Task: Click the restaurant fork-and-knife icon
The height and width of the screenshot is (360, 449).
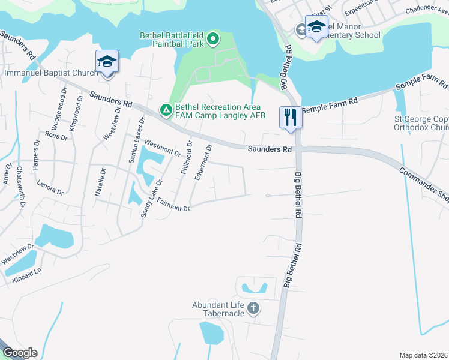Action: (291, 116)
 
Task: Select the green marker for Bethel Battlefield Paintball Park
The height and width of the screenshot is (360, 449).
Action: (212, 40)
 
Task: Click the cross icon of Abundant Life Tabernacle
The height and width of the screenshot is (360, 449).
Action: (253, 309)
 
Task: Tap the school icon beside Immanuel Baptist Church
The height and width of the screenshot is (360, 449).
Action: (107, 62)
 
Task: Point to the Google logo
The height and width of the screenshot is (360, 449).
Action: (20, 353)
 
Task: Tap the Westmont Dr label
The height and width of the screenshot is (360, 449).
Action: (163, 148)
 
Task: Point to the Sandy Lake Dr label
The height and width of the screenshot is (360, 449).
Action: (151, 198)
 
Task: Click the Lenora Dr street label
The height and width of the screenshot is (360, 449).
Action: (50, 187)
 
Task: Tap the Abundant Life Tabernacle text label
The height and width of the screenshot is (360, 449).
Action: (218, 309)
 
